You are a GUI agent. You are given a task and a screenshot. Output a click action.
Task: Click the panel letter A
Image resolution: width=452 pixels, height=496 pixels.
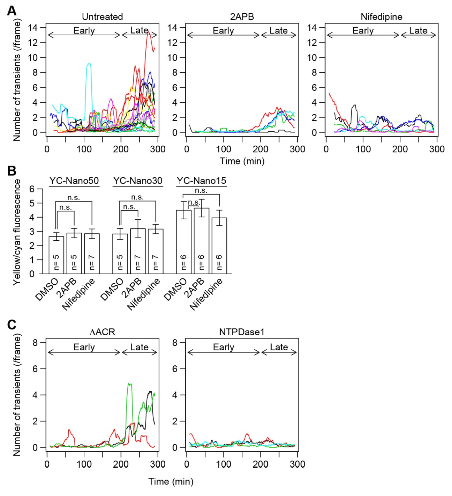[12, 11]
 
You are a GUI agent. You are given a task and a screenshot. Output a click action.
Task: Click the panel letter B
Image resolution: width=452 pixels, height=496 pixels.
[12, 171]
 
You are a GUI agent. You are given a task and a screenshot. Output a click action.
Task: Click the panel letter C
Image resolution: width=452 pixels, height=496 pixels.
[12, 324]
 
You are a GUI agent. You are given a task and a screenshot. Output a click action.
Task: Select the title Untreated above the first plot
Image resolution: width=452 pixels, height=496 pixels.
[102, 17]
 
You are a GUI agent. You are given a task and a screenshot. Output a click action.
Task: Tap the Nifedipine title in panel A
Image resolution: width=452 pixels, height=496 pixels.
[381, 17]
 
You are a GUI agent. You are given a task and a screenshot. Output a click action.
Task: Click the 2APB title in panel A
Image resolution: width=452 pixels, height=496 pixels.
[242, 17]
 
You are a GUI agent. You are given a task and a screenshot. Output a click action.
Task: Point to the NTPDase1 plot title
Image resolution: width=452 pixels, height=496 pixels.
[242, 331]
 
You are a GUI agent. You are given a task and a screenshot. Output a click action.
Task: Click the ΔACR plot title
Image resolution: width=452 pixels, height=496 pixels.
[102, 331]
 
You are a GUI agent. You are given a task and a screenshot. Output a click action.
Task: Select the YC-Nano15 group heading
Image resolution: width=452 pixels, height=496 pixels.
[201, 181]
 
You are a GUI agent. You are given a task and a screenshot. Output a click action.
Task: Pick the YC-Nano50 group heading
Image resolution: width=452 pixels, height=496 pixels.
[74, 181]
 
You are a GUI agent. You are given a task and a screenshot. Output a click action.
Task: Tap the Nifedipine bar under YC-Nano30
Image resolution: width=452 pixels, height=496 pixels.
[156, 251]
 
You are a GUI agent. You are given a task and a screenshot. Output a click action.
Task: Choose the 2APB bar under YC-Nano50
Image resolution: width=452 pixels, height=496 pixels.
[74, 253]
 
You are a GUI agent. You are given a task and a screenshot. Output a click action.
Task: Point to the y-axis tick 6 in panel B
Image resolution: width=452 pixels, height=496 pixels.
[32, 189]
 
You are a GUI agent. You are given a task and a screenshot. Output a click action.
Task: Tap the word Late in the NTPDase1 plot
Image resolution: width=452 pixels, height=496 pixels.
[279, 347]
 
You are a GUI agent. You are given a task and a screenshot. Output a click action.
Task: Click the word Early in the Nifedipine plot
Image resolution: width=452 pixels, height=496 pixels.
[363, 31]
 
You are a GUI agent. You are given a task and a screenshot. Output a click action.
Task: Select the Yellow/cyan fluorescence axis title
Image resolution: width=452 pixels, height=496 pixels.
[17, 232]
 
